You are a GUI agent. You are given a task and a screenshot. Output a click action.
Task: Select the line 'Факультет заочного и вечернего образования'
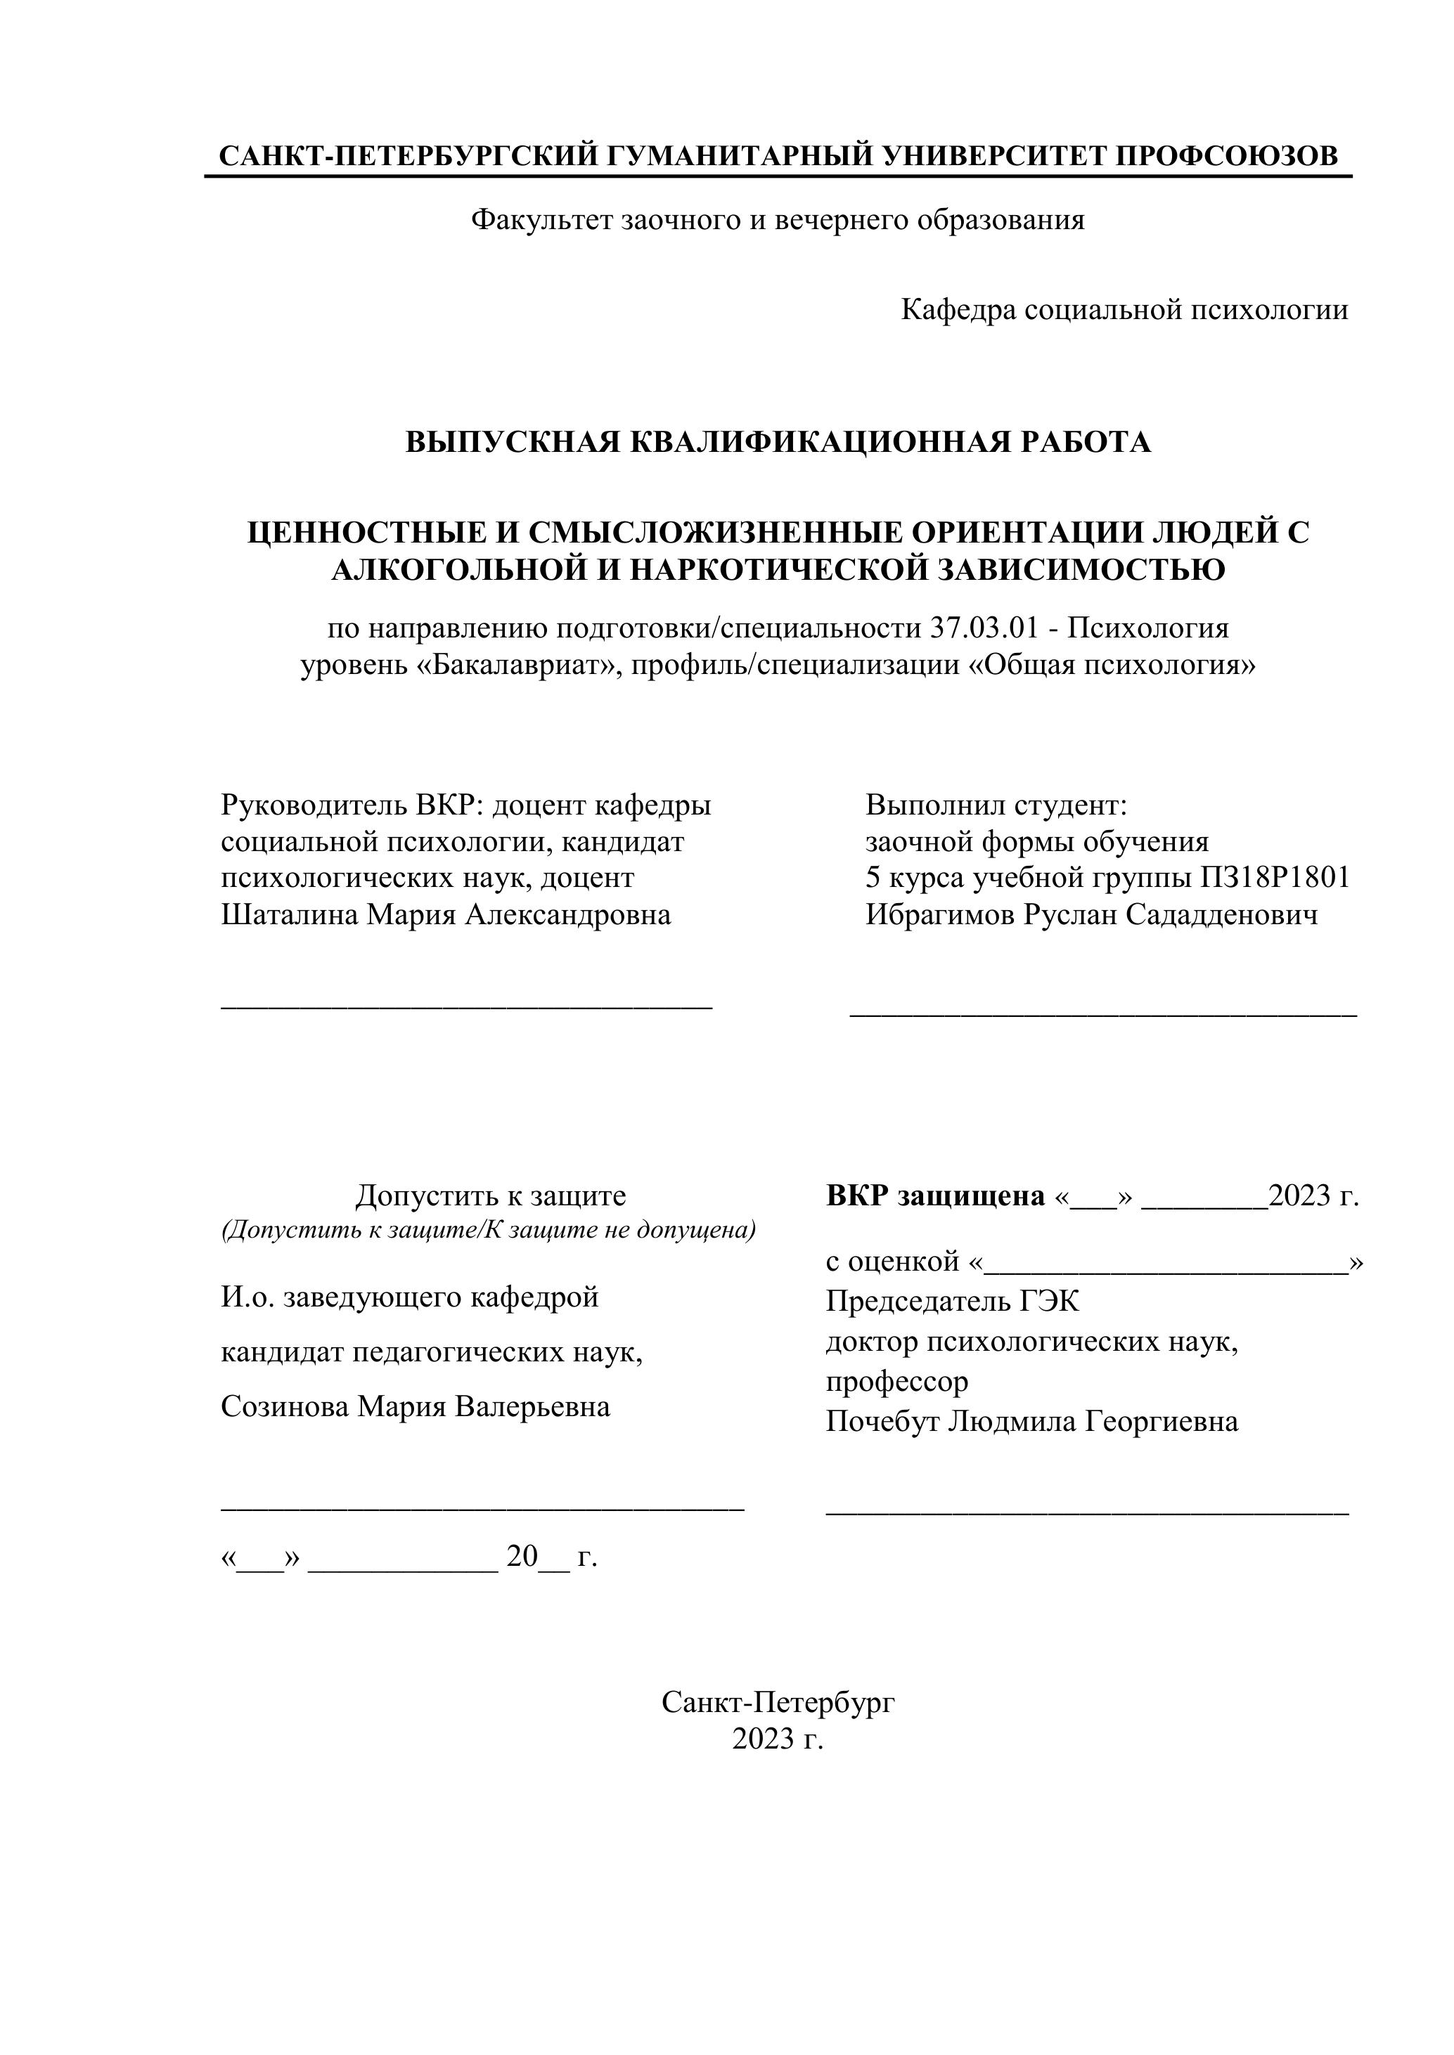[777, 220]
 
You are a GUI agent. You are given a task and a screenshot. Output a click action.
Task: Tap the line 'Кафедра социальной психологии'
[1124, 311]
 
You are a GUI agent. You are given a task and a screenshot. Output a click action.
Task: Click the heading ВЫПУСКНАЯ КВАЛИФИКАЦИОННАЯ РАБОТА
[777, 442]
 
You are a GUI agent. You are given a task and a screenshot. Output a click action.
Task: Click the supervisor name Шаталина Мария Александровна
[445, 916]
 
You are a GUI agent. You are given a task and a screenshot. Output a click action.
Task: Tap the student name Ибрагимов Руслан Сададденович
[1090, 916]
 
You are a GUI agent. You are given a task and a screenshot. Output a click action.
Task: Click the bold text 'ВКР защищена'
[934, 1195]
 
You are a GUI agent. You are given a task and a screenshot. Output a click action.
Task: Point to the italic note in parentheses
[488, 1231]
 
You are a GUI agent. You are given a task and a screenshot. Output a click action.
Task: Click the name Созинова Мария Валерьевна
[416, 1406]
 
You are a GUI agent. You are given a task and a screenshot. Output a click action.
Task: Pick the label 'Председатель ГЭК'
[952, 1300]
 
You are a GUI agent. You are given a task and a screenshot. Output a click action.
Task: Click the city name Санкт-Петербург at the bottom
[777, 1702]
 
